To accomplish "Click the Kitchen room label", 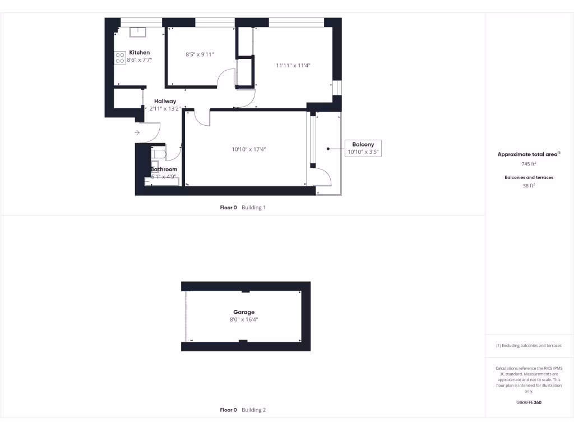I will (140, 52).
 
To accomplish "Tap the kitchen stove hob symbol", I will (120, 57).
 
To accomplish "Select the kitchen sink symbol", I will (138, 32).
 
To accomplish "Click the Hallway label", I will (165, 101).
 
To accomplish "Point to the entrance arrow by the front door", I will (137, 132).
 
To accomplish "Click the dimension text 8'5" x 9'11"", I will (200, 54).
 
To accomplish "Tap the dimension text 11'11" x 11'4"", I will (293, 65).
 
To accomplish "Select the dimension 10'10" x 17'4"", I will (248, 149).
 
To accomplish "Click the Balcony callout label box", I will (363, 148).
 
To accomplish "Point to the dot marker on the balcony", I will (328, 149).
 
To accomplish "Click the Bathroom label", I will (164, 169).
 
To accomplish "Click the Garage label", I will (244, 312).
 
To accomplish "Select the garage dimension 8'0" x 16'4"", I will (244, 319).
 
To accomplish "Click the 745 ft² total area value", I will (529, 164).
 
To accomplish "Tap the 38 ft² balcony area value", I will (529, 185).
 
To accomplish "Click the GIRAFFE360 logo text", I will (529, 402).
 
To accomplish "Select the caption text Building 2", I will (253, 410).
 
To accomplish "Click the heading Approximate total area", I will (528, 154).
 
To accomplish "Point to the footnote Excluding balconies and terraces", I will (529, 346).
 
